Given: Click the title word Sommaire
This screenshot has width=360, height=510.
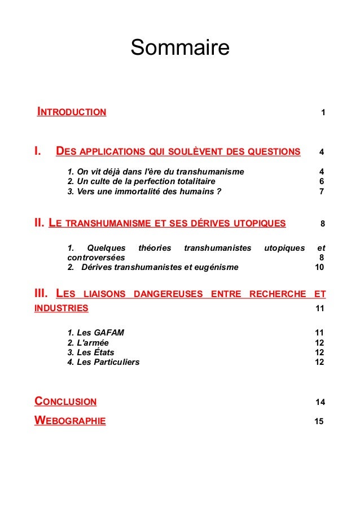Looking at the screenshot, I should tap(180, 48).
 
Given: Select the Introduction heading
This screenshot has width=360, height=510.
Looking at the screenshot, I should tap(72, 112).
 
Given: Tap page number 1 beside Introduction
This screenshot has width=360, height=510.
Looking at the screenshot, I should tap(322, 113).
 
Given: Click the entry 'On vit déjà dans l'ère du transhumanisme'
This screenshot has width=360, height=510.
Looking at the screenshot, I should tap(155, 171).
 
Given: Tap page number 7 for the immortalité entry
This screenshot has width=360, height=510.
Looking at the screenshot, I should tap(321, 191).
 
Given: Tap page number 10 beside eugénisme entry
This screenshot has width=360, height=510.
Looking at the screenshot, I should tap(319, 267).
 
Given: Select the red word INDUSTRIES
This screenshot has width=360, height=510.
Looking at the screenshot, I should tap(62, 308).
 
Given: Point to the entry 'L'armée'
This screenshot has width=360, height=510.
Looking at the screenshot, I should tap(88, 342).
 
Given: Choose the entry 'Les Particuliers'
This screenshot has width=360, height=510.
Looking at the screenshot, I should tap(103, 362).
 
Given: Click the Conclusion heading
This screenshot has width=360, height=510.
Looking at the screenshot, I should tap(65, 402).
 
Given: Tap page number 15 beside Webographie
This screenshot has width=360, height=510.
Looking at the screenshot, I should tap(319, 421).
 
